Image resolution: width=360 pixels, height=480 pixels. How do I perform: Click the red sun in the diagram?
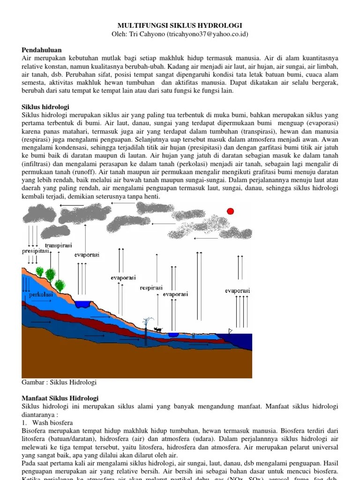point(230,211)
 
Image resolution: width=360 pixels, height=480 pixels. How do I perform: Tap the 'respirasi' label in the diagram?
point(151,287)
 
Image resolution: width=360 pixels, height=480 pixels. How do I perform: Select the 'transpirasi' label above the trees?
point(58,245)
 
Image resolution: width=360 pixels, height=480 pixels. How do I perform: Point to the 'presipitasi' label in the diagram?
point(36,251)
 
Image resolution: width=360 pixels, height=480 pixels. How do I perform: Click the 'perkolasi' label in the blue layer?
point(40,295)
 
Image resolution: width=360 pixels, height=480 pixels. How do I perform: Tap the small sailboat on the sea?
point(230,331)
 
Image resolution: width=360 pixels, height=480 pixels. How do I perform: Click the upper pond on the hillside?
point(83,304)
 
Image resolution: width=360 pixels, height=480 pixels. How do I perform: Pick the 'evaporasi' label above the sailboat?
point(237,291)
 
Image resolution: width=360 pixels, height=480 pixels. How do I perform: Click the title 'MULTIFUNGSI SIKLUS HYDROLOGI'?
point(180,25)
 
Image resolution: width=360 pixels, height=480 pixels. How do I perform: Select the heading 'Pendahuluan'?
point(42,49)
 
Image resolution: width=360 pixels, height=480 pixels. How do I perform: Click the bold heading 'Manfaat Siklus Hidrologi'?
point(60,398)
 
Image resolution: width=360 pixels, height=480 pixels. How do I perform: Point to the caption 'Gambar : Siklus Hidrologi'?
point(59,382)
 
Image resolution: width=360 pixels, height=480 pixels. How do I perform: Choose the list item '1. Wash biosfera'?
point(45,422)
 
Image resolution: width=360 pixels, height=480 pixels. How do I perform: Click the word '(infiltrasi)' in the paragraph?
point(38,165)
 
